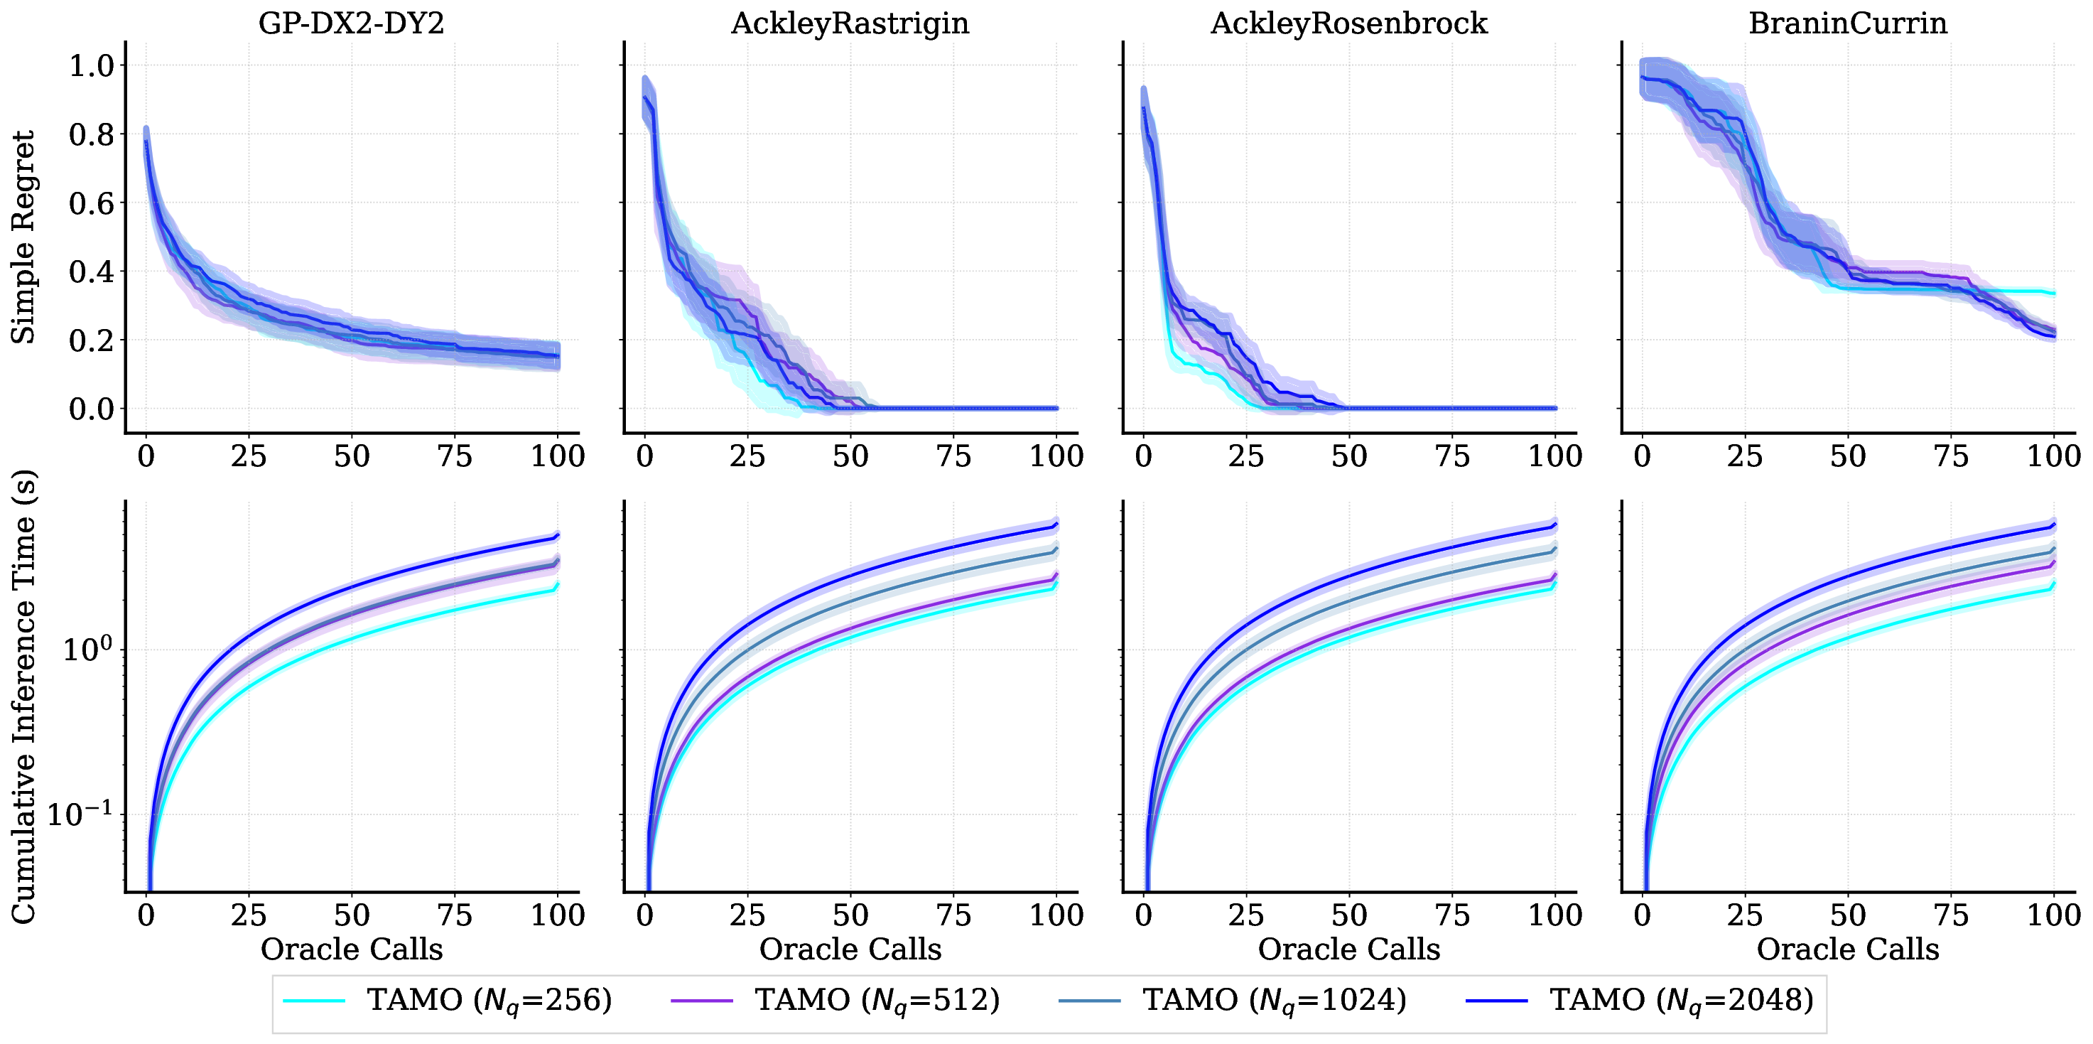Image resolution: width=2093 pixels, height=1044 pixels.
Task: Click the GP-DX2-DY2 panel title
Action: click(x=351, y=23)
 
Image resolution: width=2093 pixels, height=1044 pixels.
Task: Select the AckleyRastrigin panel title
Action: click(x=850, y=23)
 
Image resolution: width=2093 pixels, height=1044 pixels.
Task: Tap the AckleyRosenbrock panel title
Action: click(x=1348, y=23)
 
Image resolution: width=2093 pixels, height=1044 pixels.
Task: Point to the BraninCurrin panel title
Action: click(x=1848, y=23)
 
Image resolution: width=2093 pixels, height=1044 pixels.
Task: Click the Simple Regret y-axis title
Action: click(x=23, y=237)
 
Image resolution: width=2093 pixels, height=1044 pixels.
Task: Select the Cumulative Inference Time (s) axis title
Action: click(x=23, y=697)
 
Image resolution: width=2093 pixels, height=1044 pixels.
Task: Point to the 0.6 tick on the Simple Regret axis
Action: click(x=91, y=203)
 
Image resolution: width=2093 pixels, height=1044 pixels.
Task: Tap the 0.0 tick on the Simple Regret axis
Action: click(x=91, y=409)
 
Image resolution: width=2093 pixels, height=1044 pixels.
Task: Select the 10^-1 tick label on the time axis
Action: click(x=80, y=813)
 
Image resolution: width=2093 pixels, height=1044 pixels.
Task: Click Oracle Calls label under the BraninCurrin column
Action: click(x=1848, y=949)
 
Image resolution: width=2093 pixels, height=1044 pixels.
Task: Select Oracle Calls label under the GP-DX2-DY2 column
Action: click(x=351, y=949)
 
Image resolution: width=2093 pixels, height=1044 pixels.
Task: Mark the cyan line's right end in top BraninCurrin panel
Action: click(x=2053, y=294)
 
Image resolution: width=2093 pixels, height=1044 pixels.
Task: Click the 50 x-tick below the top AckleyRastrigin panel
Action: click(x=850, y=456)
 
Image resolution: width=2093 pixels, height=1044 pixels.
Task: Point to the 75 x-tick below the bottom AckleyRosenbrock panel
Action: click(x=1452, y=915)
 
